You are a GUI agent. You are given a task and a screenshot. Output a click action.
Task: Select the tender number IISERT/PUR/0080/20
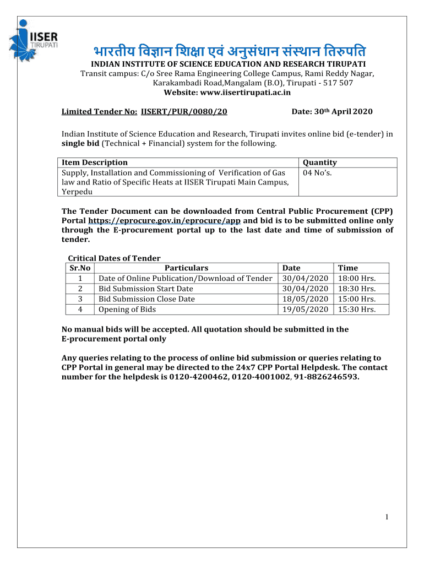click(184, 111)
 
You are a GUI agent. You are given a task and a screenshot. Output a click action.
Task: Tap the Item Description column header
click(94, 162)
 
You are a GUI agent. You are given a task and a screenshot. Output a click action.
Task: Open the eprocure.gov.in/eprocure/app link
click(165, 220)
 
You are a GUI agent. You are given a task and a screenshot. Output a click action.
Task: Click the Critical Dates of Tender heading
click(114, 258)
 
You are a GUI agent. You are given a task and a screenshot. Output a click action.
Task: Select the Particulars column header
click(186, 268)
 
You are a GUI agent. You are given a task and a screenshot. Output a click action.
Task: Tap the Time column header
click(347, 268)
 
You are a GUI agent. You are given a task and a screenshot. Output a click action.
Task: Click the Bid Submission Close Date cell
click(146, 299)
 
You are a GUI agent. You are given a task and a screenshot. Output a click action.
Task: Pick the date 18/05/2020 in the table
click(305, 299)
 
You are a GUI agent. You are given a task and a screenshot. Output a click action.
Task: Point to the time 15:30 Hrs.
click(357, 310)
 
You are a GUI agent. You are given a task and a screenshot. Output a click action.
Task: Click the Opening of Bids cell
click(127, 310)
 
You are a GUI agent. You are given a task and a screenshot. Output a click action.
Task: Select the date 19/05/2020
click(305, 310)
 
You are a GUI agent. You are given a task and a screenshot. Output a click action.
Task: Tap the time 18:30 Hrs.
click(357, 289)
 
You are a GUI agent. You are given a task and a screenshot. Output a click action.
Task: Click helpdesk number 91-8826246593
click(325, 377)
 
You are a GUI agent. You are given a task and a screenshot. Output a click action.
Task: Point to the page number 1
click(388, 516)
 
